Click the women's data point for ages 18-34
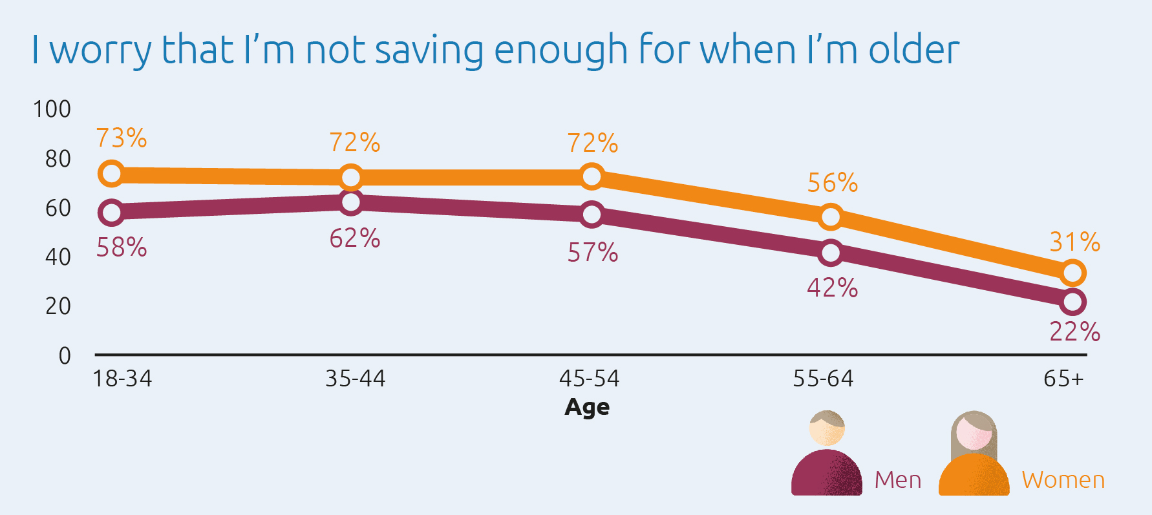[111, 174]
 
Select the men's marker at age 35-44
[350, 202]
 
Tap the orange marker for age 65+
[1072, 273]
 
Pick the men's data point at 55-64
[831, 253]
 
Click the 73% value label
[122, 138]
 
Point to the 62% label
[355, 238]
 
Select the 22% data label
[1074, 332]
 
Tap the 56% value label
[833, 184]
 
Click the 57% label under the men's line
[593, 253]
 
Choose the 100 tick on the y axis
[52, 109]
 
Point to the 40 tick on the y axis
[58, 257]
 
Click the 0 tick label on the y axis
[65, 355]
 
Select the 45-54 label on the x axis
[589, 379]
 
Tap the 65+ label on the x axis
[1063, 379]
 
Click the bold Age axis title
[587, 407]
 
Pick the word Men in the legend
[898, 480]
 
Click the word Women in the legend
[1063, 480]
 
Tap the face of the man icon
[827, 430]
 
